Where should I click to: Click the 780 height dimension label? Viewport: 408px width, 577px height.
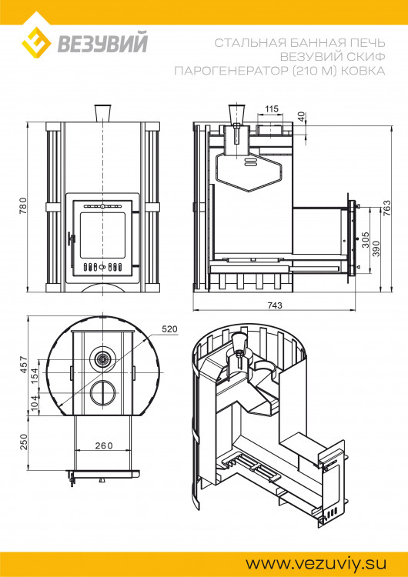tap(23, 206)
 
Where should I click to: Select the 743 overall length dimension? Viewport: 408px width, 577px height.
tap(275, 305)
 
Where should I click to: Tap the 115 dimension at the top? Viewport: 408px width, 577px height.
tap(272, 109)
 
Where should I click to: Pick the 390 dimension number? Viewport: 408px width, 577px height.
tap(376, 248)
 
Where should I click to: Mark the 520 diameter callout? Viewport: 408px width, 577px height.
tap(170, 329)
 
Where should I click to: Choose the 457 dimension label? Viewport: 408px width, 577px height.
tap(23, 365)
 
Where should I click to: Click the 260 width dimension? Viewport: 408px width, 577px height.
tap(103, 445)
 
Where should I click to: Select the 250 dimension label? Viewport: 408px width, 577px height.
tap(23, 442)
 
